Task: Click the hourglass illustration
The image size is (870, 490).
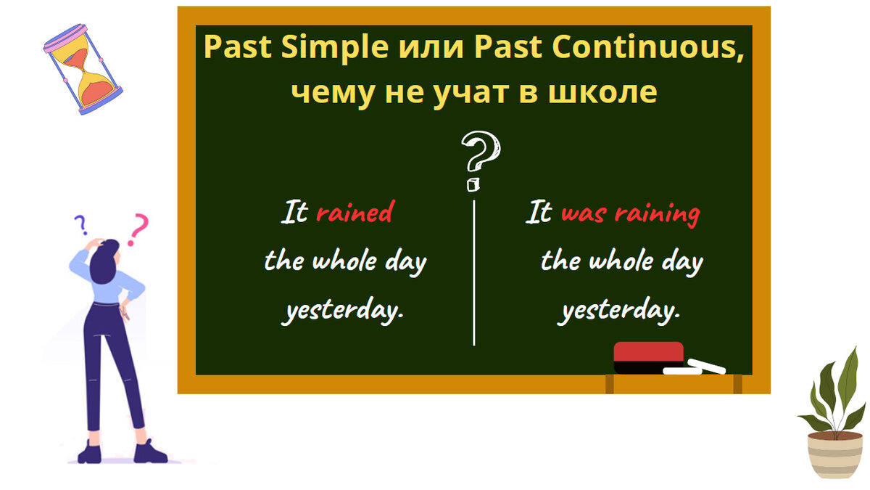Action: (83, 69)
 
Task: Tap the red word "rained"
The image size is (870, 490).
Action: (355, 212)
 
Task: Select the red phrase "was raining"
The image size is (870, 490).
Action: (631, 214)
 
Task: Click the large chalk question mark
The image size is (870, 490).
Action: (481, 160)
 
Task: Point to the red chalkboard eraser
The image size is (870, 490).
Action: (648, 358)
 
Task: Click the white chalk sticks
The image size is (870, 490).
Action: (694, 367)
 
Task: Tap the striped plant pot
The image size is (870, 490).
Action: (835, 455)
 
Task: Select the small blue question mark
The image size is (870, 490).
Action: (80, 225)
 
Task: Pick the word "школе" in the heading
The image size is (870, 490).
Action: (602, 93)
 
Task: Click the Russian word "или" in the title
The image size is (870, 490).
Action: (431, 50)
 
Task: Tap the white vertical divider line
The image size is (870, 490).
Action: (474, 273)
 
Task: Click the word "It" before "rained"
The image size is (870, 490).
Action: (294, 212)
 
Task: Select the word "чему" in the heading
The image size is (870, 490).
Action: (333, 94)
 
